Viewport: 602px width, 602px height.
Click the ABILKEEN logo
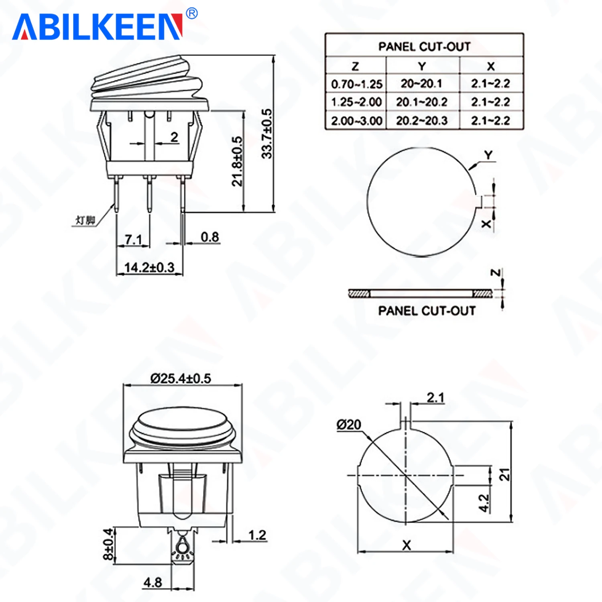tap(98, 27)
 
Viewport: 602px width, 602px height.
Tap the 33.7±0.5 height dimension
tap(267, 134)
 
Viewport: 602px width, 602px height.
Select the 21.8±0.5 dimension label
tap(237, 161)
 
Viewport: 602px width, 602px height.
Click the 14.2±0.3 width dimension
tap(149, 267)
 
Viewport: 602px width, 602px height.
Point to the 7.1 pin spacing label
tap(133, 240)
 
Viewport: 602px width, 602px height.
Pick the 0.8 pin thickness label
tap(210, 237)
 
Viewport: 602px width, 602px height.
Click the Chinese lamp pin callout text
tap(85, 220)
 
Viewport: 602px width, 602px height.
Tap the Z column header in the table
tap(355, 66)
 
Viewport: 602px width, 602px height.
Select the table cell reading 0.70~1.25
tap(356, 84)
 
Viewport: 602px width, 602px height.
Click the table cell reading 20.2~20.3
tap(422, 120)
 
